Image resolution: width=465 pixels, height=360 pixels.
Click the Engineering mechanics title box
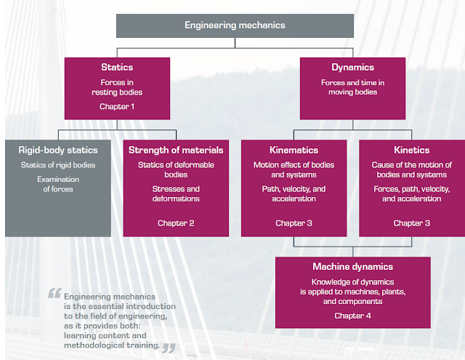pyautogui.click(x=235, y=25)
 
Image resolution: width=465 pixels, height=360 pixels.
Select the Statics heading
pyautogui.click(x=116, y=68)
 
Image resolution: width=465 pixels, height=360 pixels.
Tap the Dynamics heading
pyautogui.click(x=352, y=68)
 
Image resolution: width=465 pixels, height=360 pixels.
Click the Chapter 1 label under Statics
pyautogui.click(x=116, y=107)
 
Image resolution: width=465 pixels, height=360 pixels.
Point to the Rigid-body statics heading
pyautogui.click(x=58, y=150)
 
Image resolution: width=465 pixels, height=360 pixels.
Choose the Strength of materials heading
pyautogui.click(x=176, y=150)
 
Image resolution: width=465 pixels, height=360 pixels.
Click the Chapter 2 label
pyautogui.click(x=176, y=223)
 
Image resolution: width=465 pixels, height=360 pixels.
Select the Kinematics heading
pyautogui.click(x=294, y=150)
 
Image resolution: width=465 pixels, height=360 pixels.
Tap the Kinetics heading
pyautogui.click(x=411, y=150)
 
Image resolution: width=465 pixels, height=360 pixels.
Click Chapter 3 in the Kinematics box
pyautogui.click(x=294, y=223)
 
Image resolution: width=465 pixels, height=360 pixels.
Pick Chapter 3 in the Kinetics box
pyautogui.click(x=411, y=223)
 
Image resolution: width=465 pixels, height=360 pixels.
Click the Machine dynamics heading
pyautogui.click(x=352, y=267)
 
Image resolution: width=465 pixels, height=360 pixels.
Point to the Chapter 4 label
pyautogui.click(x=352, y=316)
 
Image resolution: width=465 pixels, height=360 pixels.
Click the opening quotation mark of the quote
pyautogui.click(x=54, y=295)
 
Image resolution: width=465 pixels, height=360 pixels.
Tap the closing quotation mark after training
pyautogui.click(x=169, y=347)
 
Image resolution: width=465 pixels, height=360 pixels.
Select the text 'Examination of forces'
pyautogui.click(x=58, y=184)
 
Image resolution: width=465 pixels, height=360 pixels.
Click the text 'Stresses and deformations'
pyautogui.click(x=176, y=193)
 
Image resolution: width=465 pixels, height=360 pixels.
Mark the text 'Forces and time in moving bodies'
pyautogui.click(x=352, y=87)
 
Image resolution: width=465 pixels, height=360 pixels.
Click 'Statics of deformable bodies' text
pyautogui.click(x=176, y=169)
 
